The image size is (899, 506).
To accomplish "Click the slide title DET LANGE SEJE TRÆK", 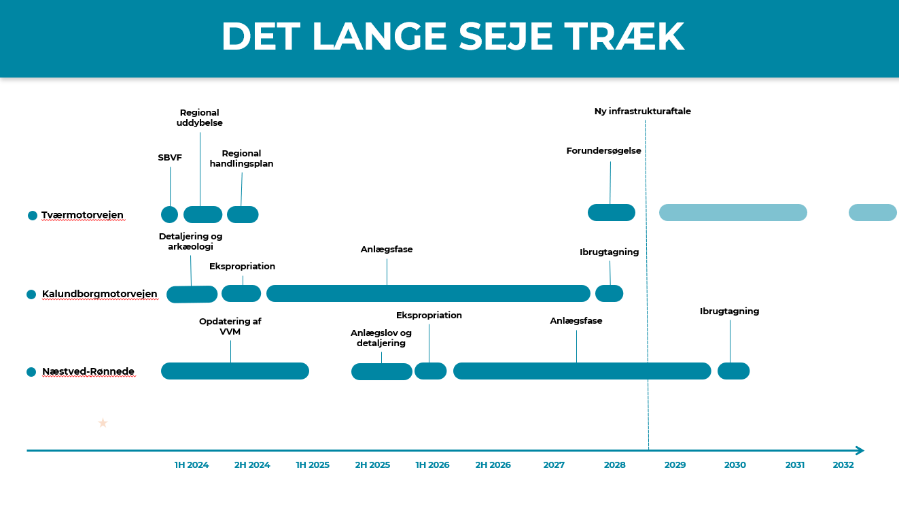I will click(452, 37).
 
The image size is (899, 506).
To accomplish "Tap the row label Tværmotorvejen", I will click(82, 215).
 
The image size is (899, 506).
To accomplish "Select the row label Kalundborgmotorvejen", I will click(99, 294).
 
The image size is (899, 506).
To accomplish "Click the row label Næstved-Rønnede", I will click(88, 371).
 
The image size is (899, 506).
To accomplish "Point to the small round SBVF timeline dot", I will click(169, 214).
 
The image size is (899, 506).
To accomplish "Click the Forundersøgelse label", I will click(603, 151).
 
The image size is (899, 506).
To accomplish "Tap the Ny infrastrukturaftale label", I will click(642, 112).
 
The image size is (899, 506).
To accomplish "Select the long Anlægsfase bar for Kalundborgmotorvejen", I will click(428, 294).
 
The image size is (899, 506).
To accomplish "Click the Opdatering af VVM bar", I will click(234, 371).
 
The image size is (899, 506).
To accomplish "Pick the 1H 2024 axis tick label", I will click(192, 465).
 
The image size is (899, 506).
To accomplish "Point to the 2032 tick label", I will click(843, 465).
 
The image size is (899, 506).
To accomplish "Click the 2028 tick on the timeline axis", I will click(614, 465).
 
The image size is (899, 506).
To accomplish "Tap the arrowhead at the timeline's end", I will click(860, 450).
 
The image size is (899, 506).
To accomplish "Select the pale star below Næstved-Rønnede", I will click(103, 423).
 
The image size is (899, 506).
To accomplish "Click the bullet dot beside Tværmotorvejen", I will click(33, 216).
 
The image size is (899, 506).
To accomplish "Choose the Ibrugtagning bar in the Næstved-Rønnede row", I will click(733, 371).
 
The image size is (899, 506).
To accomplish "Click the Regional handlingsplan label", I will click(241, 158).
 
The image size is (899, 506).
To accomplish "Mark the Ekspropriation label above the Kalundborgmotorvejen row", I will click(242, 267).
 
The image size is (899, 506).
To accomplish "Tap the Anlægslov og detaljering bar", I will click(381, 371).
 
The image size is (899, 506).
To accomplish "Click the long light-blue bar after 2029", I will click(733, 212).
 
